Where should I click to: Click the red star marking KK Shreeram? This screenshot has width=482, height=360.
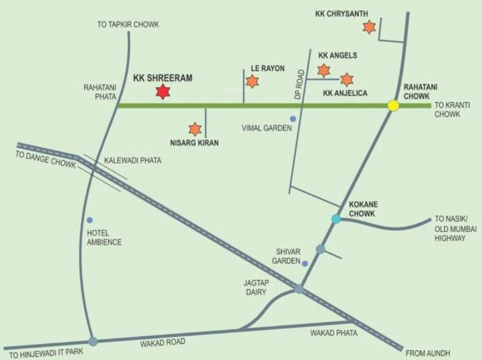click(x=163, y=92)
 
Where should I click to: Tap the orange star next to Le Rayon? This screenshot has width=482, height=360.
click(x=252, y=82)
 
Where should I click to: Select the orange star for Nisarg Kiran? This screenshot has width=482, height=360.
click(x=195, y=129)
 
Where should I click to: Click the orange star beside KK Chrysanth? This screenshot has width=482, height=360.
click(x=369, y=27)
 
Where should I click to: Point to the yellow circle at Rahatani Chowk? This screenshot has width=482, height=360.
click(x=393, y=105)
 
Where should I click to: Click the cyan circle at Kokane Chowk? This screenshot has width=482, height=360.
click(x=336, y=219)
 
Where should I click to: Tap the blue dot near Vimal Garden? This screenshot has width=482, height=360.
click(x=293, y=119)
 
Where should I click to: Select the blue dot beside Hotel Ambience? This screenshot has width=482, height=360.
click(x=89, y=220)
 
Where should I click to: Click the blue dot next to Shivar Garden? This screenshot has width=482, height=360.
click(x=305, y=263)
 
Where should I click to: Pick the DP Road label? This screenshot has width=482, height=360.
click(x=300, y=84)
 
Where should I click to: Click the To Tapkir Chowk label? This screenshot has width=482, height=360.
click(x=128, y=25)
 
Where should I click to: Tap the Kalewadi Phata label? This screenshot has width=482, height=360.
click(x=133, y=160)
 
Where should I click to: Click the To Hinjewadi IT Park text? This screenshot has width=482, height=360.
click(x=43, y=354)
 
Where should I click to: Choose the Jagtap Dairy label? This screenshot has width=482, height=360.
click(x=255, y=287)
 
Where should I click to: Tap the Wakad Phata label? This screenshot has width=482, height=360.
click(x=334, y=333)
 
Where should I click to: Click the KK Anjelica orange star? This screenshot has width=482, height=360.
click(x=347, y=80)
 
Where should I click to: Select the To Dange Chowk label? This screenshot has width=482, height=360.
click(x=45, y=160)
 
